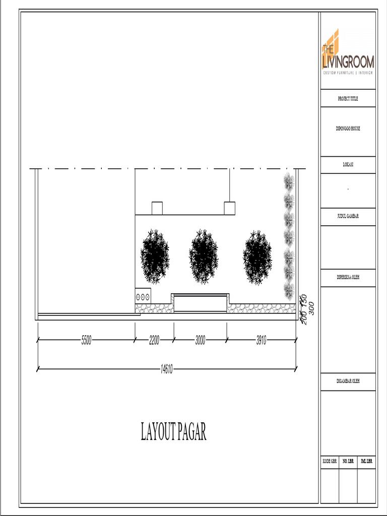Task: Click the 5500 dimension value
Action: click(x=86, y=341)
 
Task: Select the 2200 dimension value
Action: click(x=154, y=341)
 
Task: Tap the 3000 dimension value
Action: click(x=200, y=341)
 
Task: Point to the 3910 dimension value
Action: click(x=261, y=341)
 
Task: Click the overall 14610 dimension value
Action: click(x=167, y=370)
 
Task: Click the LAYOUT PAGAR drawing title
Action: click(x=173, y=432)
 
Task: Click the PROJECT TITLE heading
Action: click(x=348, y=99)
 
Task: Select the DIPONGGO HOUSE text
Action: click(x=348, y=128)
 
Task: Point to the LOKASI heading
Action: click(x=348, y=165)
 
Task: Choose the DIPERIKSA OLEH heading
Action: click(x=348, y=277)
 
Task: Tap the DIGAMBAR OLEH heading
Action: click(x=348, y=381)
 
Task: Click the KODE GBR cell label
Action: click(x=330, y=461)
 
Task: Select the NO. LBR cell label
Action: click(x=348, y=461)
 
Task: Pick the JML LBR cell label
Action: click(x=366, y=461)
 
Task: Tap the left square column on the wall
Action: click(x=157, y=208)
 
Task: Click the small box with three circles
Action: click(x=143, y=296)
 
